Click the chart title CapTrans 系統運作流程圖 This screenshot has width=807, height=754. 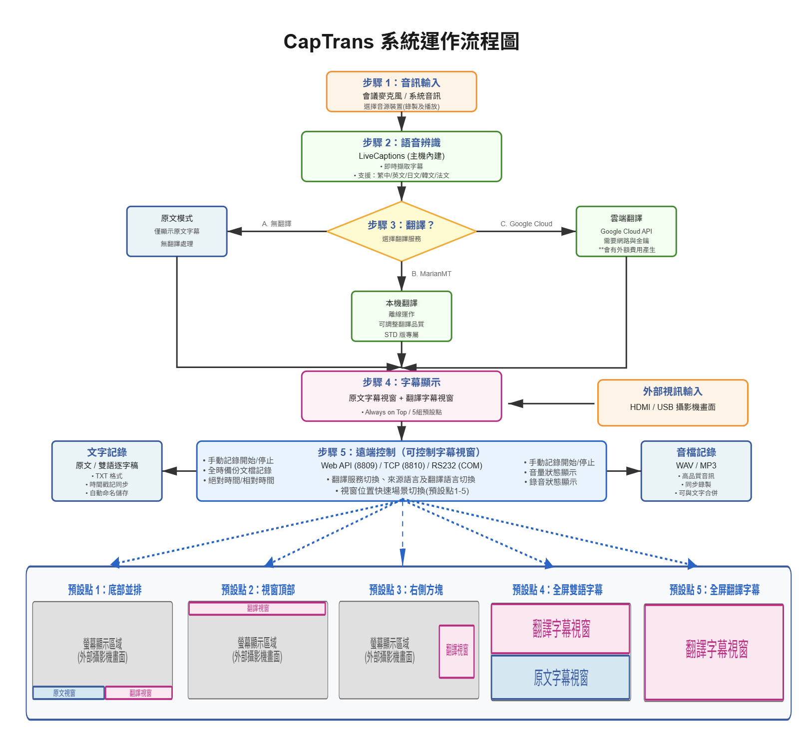(x=402, y=41)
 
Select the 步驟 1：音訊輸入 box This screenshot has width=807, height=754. (x=402, y=92)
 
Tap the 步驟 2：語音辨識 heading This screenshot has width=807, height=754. (x=402, y=143)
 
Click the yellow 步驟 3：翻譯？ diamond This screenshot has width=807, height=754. (x=402, y=231)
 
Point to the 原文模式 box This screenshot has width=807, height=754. (x=177, y=231)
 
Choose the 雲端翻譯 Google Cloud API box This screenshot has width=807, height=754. (x=626, y=231)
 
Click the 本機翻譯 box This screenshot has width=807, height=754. (x=402, y=317)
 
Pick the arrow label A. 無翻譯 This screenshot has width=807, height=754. (x=277, y=224)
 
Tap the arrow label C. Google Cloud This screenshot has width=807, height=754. (x=526, y=224)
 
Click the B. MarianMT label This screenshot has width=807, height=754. (x=431, y=274)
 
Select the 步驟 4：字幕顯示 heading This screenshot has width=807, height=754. (x=402, y=382)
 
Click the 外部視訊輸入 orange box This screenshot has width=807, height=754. (x=673, y=402)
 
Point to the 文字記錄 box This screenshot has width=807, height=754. (x=107, y=471)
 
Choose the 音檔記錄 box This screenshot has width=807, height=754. (x=696, y=471)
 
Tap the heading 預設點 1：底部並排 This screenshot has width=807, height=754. (x=105, y=590)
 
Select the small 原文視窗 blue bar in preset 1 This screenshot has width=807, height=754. (x=68, y=693)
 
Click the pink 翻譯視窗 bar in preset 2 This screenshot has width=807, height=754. (x=257, y=608)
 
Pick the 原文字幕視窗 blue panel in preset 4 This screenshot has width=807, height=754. (x=561, y=678)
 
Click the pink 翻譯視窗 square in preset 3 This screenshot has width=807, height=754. (x=457, y=651)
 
